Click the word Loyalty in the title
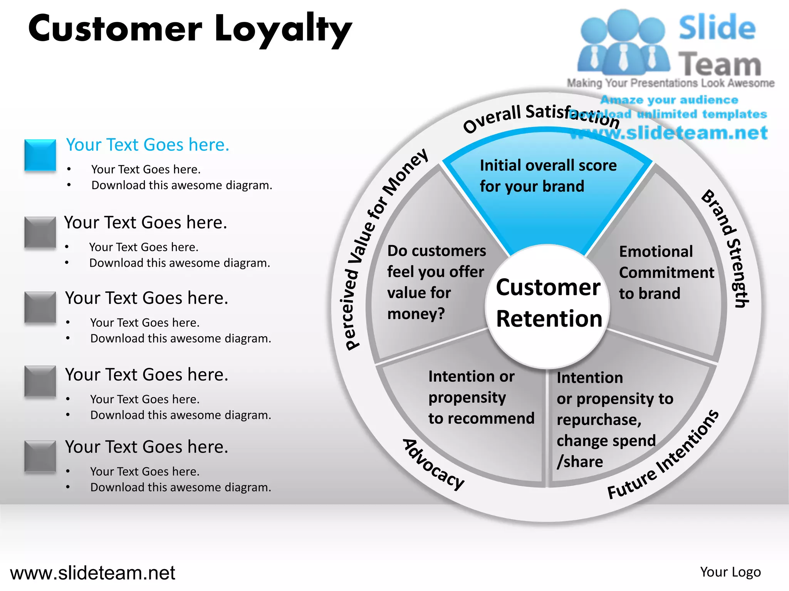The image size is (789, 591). (283, 30)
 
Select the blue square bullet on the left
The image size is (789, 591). (40, 155)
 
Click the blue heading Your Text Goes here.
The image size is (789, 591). (148, 145)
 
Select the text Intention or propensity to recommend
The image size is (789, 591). (481, 397)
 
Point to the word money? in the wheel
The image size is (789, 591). (416, 314)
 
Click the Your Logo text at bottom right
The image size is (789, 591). (730, 572)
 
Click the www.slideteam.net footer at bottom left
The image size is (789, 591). (92, 573)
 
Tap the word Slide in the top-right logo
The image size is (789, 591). (717, 28)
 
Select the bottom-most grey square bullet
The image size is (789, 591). (40, 456)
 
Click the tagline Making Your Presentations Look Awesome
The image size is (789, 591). (670, 83)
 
